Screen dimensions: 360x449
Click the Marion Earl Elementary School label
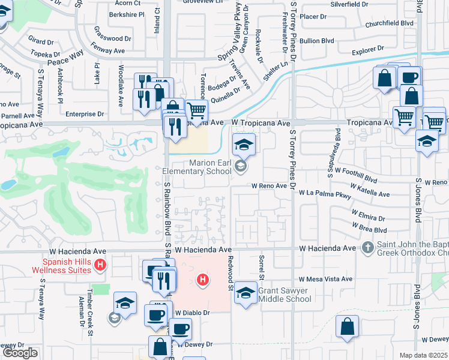[x=197, y=167]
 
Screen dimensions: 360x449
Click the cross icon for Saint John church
[x=368, y=247]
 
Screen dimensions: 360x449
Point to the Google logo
[x=20, y=353]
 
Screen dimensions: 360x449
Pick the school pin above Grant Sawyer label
[x=245, y=293]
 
